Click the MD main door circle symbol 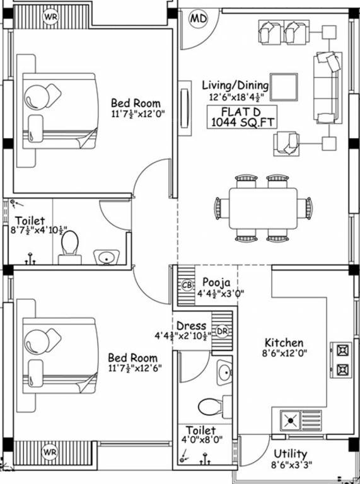(x=198, y=19)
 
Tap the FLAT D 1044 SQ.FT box (x=241, y=117)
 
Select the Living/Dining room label (x=235, y=85)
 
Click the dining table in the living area (x=264, y=208)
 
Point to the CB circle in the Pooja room (x=187, y=285)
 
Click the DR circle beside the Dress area (x=222, y=331)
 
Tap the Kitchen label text (x=284, y=343)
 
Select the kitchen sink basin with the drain (x=290, y=420)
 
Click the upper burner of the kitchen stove (x=343, y=350)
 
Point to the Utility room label (x=290, y=454)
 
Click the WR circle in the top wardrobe (x=50, y=17)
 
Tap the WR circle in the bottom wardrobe (x=50, y=452)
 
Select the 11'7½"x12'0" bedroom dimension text (x=137, y=114)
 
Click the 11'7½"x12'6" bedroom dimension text (x=135, y=368)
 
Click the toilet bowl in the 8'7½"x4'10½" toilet (x=70, y=248)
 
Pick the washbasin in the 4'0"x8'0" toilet (x=224, y=372)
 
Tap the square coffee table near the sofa (x=284, y=88)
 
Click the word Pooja (x=216, y=282)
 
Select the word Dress (x=191, y=326)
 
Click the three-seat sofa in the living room (x=328, y=88)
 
